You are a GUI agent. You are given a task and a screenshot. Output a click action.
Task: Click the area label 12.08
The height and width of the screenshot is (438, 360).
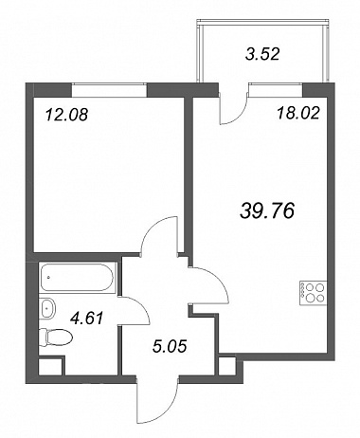pos(66,115)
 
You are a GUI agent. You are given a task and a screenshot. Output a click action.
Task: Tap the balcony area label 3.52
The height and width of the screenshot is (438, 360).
pos(262,54)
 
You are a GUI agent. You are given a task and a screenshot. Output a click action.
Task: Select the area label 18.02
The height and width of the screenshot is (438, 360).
pos(298,113)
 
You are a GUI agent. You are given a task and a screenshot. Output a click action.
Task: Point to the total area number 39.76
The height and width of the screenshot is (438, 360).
pos(267,210)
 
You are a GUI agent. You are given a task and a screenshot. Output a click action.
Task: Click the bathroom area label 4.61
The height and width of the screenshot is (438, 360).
pos(87,318)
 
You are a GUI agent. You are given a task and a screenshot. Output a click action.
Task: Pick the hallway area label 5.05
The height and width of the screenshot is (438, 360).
pos(170,346)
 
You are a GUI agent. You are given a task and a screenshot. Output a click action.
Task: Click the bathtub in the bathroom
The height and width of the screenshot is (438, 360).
pos(77,277)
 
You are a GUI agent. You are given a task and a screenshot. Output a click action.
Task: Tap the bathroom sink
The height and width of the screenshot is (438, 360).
pos(48,308)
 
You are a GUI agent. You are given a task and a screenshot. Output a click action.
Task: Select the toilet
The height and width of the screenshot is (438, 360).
pos(56,337)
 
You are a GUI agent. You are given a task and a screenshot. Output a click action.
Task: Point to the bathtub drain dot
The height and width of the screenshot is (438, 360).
pos(48,278)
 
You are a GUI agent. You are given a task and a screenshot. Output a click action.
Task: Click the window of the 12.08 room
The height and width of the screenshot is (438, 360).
pos(109,90)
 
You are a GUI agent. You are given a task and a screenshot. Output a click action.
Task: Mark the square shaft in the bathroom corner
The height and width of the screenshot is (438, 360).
pos(51,366)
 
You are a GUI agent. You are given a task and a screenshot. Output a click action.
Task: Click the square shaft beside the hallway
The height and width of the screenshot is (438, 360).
pos(227,365)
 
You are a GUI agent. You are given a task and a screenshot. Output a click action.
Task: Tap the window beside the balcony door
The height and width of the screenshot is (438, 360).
pos(276,90)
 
